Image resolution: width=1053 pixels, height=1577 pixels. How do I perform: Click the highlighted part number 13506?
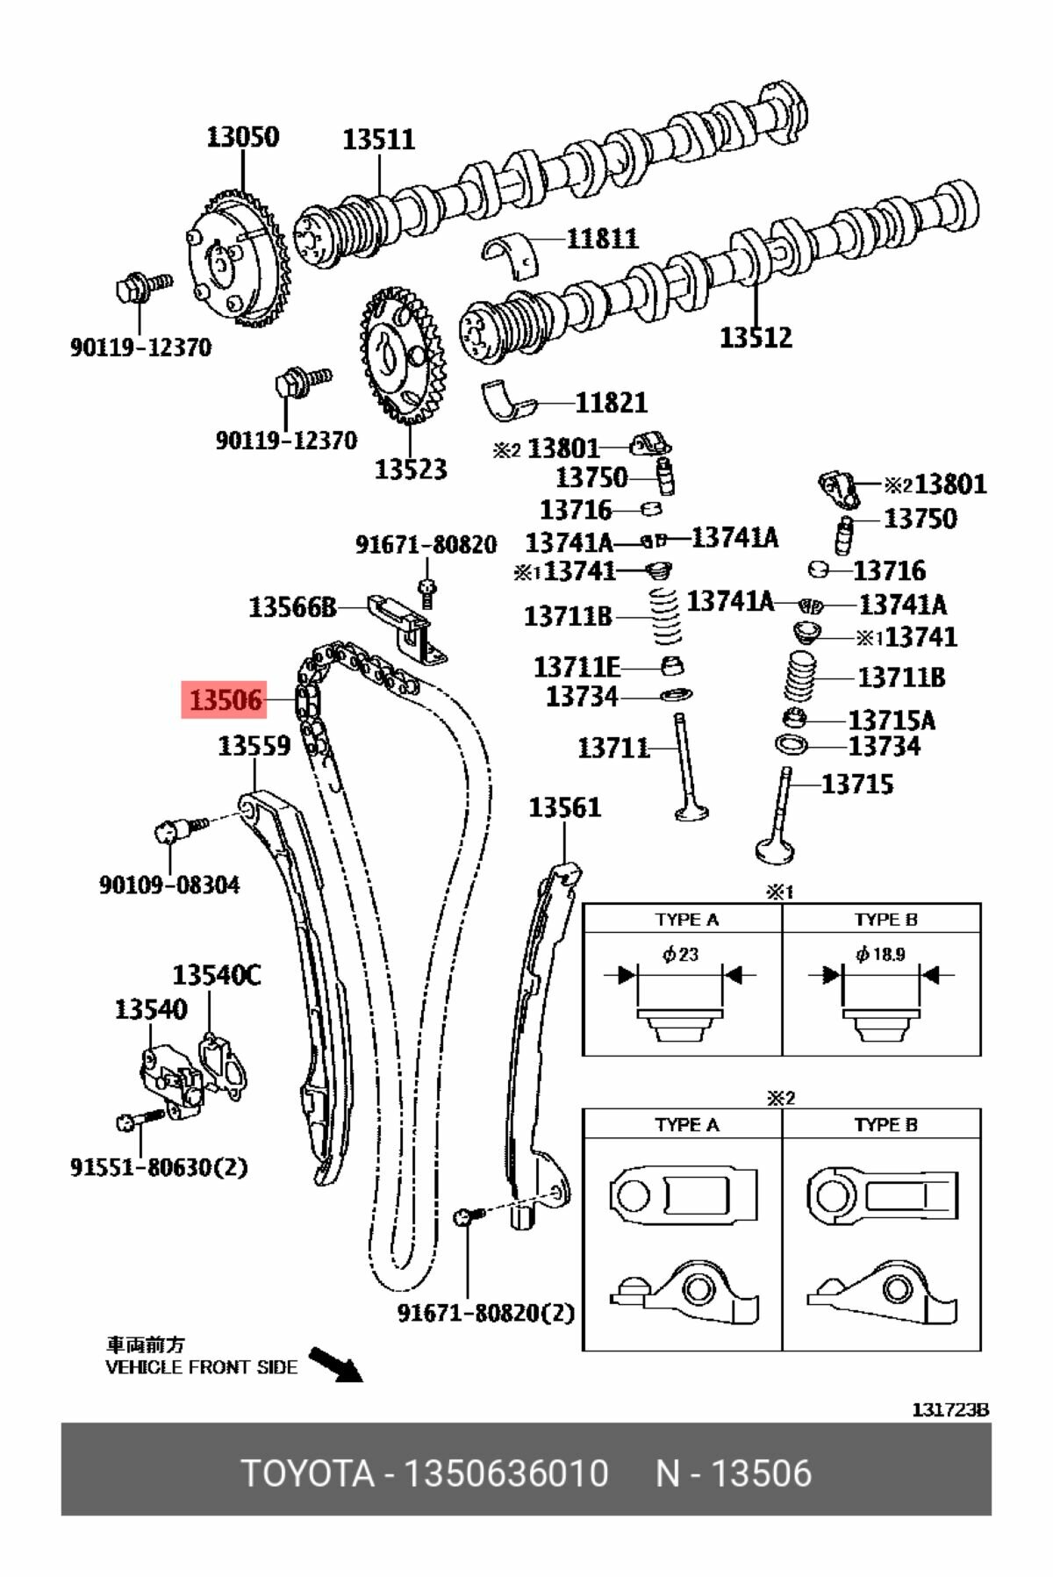click(x=225, y=700)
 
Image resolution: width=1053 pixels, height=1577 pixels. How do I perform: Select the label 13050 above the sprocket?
click(x=243, y=137)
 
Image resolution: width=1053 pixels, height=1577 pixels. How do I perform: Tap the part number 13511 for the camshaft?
click(x=378, y=140)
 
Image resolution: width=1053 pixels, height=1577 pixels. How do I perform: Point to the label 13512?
click(x=756, y=337)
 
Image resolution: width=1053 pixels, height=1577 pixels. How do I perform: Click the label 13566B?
click(x=292, y=607)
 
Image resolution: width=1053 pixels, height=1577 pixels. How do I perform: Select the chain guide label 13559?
click(x=254, y=746)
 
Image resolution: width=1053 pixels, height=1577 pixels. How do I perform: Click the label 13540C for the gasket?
click(x=216, y=975)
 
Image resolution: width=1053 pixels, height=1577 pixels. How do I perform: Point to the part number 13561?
click(x=564, y=807)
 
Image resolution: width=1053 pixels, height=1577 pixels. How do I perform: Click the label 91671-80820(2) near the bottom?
click(x=485, y=1313)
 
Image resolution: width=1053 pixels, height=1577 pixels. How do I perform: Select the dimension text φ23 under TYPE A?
click(x=680, y=954)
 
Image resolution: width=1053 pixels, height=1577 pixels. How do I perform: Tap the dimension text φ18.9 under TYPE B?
click(x=880, y=954)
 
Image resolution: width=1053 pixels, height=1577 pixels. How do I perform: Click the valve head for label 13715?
click(x=774, y=849)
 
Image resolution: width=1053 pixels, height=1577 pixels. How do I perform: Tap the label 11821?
click(x=611, y=403)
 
